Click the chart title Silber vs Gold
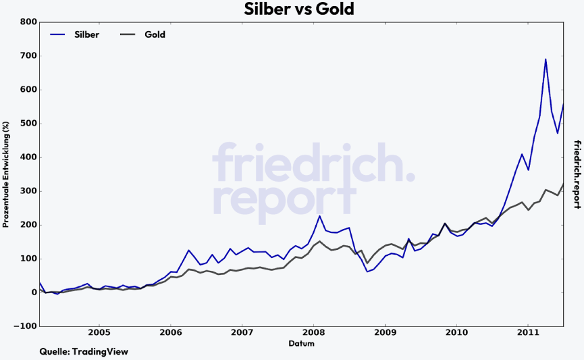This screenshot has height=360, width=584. (x=298, y=9)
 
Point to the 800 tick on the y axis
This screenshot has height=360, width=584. (x=28, y=22)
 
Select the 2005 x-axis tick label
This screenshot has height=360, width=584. (x=99, y=334)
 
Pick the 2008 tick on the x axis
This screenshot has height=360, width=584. (x=313, y=334)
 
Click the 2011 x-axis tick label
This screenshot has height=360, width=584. (x=528, y=334)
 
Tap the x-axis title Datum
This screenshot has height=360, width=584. (x=301, y=344)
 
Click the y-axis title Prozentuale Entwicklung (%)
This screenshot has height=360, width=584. (x=6, y=174)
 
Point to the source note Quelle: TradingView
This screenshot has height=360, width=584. (x=84, y=352)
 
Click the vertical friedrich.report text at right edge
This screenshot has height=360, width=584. (x=577, y=174)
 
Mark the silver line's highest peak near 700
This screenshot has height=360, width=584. (x=546, y=59)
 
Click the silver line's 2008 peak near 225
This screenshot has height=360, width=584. (x=319, y=216)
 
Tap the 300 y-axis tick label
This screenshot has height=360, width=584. (x=28, y=191)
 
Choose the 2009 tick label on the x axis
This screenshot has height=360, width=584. (x=385, y=334)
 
